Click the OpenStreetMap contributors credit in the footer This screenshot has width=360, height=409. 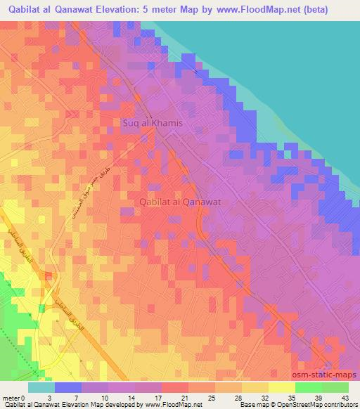[x=313, y=404]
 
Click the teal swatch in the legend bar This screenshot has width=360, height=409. [x=41, y=387]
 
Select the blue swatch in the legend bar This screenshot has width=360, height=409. [x=67, y=387]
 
